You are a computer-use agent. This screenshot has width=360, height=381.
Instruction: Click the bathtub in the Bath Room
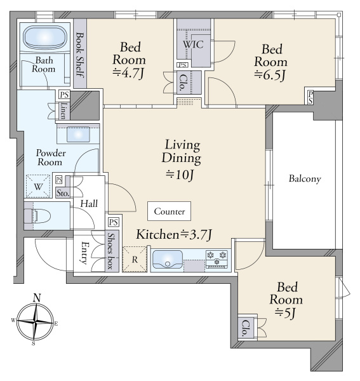(x=45, y=37)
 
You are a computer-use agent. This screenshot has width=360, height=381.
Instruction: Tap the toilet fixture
(x=41, y=215)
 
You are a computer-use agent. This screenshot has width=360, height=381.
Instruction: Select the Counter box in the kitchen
(x=170, y=211)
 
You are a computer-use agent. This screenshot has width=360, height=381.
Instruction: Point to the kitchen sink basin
(x=167, y=260)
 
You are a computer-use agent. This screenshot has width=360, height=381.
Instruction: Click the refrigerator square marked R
(x=135, y=260)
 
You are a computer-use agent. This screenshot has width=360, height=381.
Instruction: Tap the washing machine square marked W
(x=38, y=186)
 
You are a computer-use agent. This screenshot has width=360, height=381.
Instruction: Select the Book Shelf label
(x=80, y=55)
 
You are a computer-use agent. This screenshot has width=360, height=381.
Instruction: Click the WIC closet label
(x=193, y=44)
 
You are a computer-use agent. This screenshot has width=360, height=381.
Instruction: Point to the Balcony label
(x=305, y=179)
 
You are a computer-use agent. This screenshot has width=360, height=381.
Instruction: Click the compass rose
(x=36, y=322)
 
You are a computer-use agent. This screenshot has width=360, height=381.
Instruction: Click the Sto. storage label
(x=63, y=193)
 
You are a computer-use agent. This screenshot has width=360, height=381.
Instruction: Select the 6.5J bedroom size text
(x=269, y=75)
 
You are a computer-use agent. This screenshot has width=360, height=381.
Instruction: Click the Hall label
(x=89, y=204)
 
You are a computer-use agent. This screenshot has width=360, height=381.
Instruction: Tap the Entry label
(x=84, y=253)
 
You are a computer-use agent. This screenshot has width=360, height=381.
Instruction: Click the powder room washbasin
(x=78, y=135)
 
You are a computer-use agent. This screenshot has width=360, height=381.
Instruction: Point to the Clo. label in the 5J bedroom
(x=246, y=328)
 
